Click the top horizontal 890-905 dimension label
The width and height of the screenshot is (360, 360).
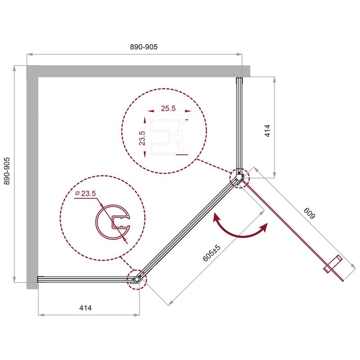pos(144,47)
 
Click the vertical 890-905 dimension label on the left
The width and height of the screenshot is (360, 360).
pos(7,171)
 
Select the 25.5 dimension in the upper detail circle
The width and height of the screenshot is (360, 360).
pos(168,108)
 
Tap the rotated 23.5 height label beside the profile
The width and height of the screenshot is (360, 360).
pos(142,138)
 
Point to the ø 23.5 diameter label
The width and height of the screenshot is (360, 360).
pos(85,193)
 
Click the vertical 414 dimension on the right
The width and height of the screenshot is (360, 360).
pos(267,130)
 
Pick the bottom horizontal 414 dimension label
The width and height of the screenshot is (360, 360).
pos(85,308)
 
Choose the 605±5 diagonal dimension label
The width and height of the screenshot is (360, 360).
pos(211,253)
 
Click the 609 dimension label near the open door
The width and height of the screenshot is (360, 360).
pos(309,213)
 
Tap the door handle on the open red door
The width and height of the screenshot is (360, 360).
pos(333,265)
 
